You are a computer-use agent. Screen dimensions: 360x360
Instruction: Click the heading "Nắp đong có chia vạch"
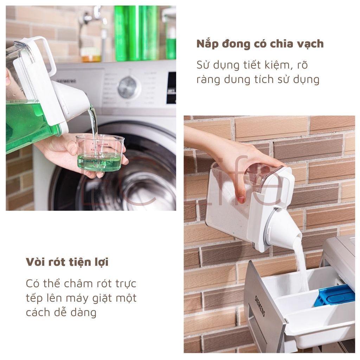pos(260,44)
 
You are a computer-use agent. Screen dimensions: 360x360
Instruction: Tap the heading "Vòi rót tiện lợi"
pos(67,262)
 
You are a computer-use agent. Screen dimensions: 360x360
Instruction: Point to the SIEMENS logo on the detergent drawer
pos(260,306)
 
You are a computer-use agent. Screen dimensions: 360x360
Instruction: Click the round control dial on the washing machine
pos(129,88)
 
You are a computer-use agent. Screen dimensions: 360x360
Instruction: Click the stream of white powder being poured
pos(301,264)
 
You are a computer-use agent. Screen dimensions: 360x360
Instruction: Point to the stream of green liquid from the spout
pos(94,129)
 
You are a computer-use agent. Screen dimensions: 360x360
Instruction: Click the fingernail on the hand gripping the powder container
pos(241,199)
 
